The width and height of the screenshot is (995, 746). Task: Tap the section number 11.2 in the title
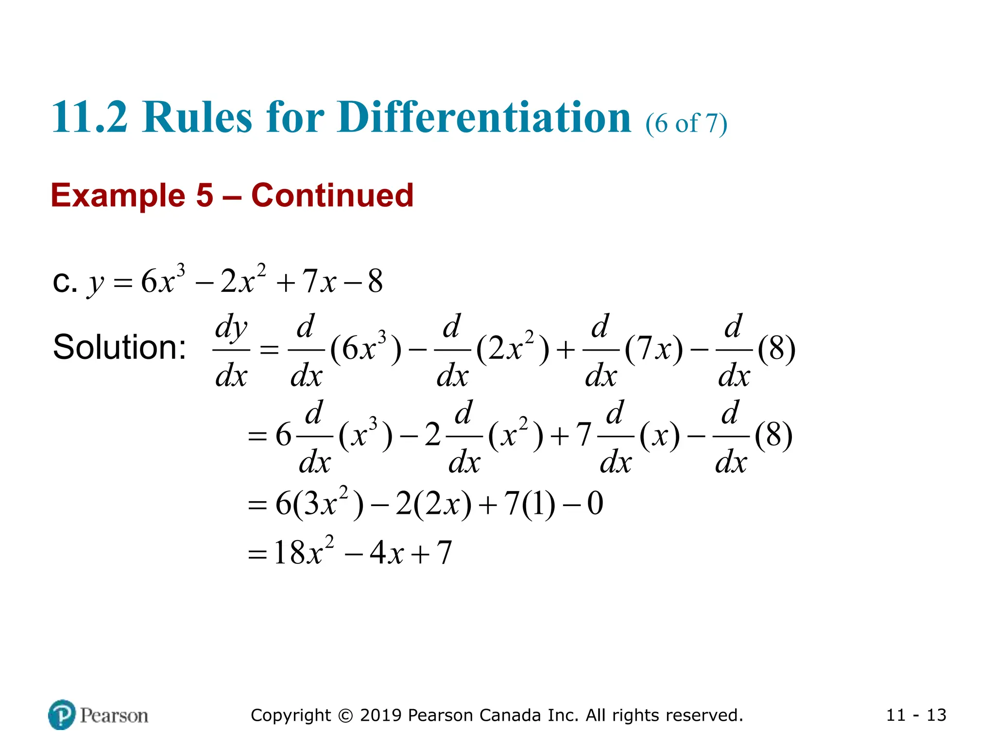click(89, 118)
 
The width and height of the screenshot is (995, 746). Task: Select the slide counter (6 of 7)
click(686, 123)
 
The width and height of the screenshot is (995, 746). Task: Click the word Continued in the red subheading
click(332, 195)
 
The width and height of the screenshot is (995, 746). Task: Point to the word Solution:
click(120, 347)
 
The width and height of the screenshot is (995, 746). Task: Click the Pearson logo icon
click(62, 714)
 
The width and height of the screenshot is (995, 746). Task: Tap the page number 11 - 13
click(916, 715)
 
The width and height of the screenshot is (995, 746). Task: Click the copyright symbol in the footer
click(345, 715)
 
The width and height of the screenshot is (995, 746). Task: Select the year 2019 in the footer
click(381, 715)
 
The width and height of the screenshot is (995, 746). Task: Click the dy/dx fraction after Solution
click(231, 350)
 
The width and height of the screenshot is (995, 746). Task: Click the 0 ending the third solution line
click(595, 504)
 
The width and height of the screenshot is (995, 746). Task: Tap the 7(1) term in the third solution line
click(530, 504)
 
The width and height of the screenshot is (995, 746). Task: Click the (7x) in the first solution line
click(654, 349)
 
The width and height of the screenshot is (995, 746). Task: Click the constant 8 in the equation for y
click(375, 281)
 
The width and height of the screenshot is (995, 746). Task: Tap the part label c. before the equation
click(65, 281)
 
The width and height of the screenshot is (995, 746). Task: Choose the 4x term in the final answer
click(386, 553)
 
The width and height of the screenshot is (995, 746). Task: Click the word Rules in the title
click(197, 118)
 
